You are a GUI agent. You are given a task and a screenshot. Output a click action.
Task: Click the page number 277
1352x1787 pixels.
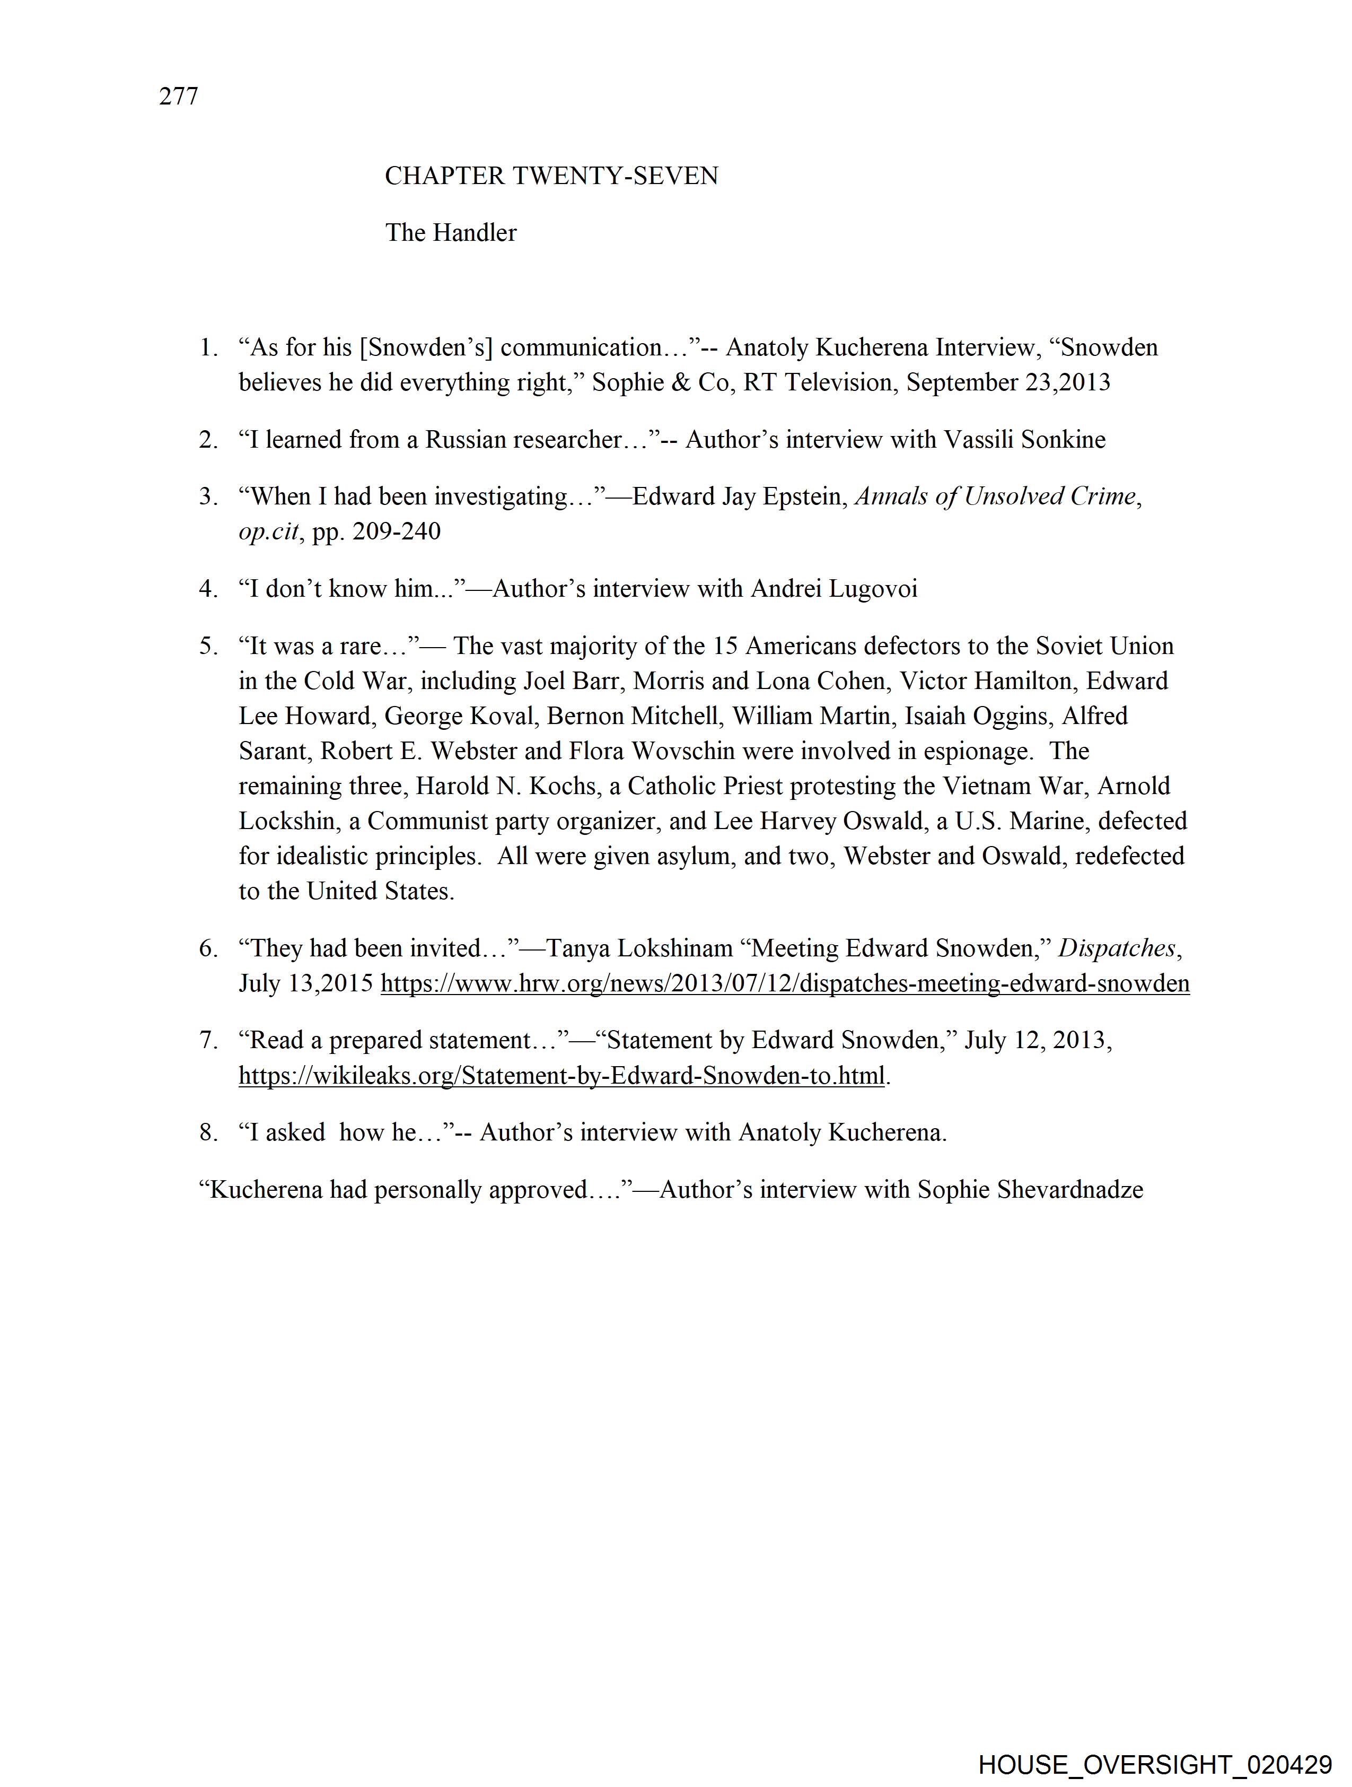[x=179, y=96]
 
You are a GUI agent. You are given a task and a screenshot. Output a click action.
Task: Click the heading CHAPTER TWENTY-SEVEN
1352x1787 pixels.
[x=551, y=176]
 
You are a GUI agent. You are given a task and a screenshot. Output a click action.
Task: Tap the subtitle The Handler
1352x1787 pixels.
[x=451, y=233]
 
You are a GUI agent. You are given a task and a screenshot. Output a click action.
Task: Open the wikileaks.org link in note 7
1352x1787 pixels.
[x=561, y=1075]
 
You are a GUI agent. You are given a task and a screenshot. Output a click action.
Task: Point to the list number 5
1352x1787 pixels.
[x=208, y=646]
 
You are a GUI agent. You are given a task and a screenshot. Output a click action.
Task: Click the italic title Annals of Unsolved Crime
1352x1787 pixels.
[x=995, y=496]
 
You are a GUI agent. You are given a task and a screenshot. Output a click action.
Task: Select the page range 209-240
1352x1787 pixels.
[x=397, y=531]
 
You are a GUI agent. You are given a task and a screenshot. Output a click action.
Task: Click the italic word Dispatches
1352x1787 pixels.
[x=1117, y=948]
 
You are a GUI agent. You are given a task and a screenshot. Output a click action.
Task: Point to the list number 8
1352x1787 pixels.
[x=208, y=1132]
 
